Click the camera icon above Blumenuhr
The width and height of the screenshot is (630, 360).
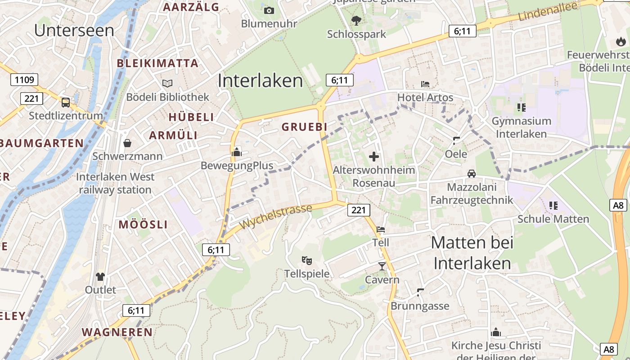[269, 10]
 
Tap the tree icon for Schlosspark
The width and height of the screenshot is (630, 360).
[356, 20]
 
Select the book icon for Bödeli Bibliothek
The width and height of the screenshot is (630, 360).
[167, 83]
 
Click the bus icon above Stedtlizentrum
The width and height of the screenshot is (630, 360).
[66, 102]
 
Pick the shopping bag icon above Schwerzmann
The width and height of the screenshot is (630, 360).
[127, 143]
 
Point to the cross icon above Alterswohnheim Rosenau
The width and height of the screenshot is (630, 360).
[373, 157]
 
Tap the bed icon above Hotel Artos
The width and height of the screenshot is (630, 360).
[425, 84]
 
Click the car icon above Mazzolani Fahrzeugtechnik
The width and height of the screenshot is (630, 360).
[471, 173]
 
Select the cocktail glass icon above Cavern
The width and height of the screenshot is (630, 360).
[382, 266]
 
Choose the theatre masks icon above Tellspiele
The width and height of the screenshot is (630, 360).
[307, 260]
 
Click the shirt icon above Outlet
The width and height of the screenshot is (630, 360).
[100, 276]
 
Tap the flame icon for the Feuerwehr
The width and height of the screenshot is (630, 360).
[621, 42]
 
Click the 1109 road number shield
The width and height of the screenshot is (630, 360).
[24, 80]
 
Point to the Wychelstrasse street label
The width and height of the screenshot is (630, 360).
[276, 216]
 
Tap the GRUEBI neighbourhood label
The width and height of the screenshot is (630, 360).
[305, 127]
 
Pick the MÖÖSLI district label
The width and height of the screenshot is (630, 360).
[143, 225]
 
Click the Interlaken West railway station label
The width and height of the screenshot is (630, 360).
[115, 183]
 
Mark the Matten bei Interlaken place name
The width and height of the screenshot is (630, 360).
[472, 253]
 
